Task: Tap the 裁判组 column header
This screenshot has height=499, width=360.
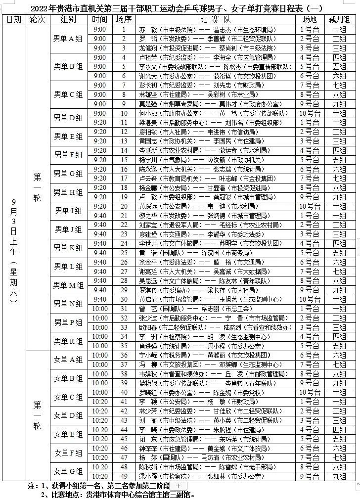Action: pos(339,19)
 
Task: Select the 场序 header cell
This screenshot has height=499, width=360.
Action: pos(124,19)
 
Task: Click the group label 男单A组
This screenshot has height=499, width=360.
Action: pos(68,39)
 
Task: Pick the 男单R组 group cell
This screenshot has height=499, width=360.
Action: pos(68,341)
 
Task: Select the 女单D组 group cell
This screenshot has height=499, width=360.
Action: pos(68,415)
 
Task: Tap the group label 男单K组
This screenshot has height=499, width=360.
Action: pos(68,248)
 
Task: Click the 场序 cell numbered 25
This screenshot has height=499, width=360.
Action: pos(124,253)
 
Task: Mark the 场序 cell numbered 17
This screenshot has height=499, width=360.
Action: pos(124,178)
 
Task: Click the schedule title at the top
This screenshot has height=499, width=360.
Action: pos(180,7)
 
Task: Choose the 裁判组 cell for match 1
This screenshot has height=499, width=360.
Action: pos(339,29)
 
